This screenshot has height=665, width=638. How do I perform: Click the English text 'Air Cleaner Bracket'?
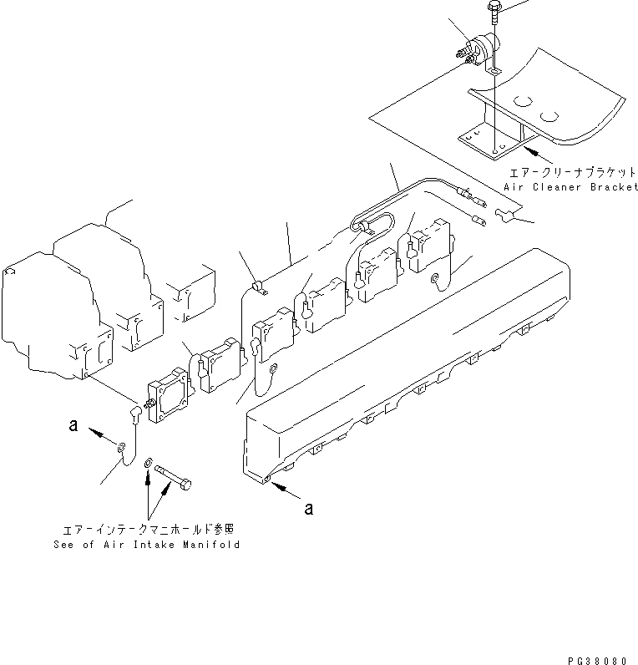(x=571, y=188)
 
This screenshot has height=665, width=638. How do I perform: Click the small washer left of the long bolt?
(x=149, y=462)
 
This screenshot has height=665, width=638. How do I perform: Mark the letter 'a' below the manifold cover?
(x=309, y=508)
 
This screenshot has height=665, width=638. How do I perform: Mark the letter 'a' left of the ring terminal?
(x=73, y=425)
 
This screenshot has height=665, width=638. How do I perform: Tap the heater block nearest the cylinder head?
(x=169, y=399)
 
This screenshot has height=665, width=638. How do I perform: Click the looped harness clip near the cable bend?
(x=365, y=225)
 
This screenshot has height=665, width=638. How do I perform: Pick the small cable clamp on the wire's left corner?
(x=258, y=287)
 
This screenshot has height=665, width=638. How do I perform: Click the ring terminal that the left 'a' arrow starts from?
(x=122, y=449)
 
